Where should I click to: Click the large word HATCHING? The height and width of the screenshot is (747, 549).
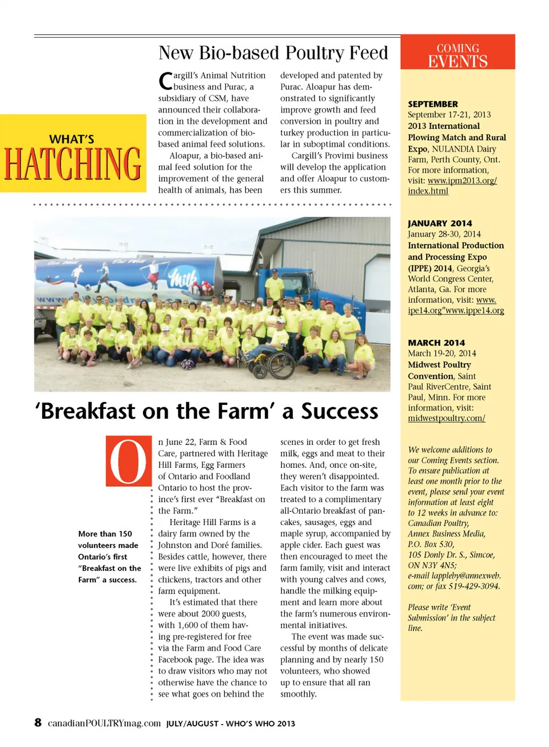(x=73, y=164)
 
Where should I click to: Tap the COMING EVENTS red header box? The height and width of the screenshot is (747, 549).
(x=457, y=53)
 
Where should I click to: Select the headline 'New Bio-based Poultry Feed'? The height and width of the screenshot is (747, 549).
(x=273, y=53)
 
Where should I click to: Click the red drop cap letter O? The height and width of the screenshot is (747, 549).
(x=128, y=461)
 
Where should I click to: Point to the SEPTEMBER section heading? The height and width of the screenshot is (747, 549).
(x=433, y=104)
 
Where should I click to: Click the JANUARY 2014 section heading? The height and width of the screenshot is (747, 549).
(x=440, y=224)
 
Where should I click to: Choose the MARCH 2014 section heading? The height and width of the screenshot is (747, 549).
(x=436, y=343)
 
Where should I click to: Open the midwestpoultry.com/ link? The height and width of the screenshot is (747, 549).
(x=446, y=418)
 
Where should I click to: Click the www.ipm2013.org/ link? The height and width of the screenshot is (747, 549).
(x=462, y=181)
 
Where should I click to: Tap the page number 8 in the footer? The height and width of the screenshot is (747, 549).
(x=38, y=722)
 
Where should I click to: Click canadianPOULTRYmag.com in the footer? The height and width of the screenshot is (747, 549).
(x=104, y=723)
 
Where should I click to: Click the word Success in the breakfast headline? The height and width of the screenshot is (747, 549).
(x=340, y=411)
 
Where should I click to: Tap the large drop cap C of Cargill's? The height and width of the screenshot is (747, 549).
(x=165, y=81)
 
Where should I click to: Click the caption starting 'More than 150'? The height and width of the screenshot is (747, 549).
(x=109, y=556)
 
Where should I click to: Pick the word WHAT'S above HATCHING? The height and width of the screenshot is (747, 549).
(x=72, y=139)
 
